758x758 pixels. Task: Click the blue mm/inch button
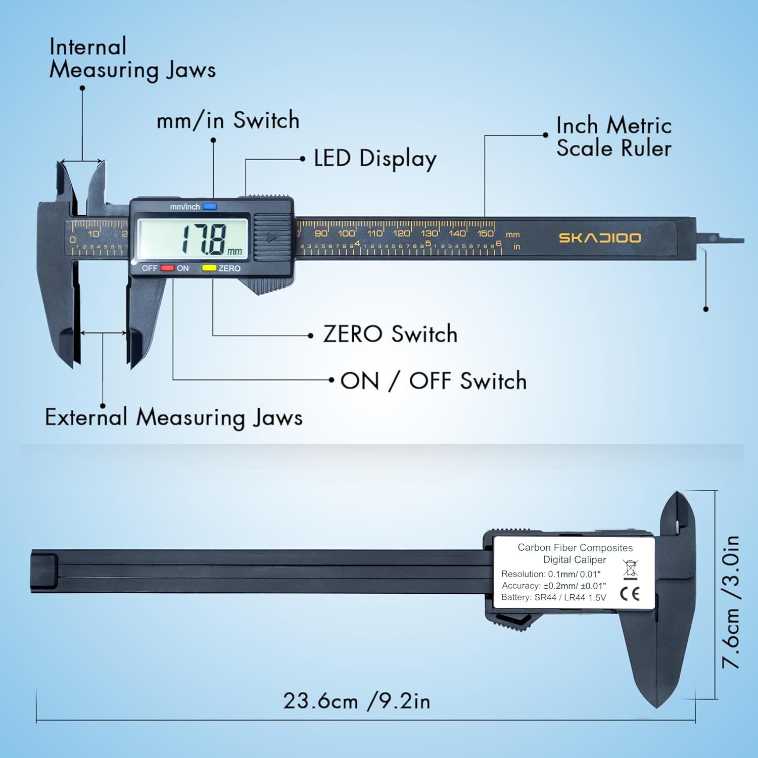point(209,207)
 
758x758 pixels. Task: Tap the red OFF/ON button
point(167,268)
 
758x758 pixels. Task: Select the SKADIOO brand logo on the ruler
point(599,238)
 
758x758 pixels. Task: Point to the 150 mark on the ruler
point(485,233)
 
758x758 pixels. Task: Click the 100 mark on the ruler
point(346,233)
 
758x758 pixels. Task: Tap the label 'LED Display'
point(375,159)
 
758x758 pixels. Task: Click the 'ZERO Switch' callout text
point(390,334)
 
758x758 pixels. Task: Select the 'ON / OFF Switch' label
point(434,381)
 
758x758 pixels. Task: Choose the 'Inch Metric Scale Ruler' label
point(613,137)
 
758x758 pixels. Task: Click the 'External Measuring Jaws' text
point(174,418)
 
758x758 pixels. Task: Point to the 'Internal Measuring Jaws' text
point(132,59)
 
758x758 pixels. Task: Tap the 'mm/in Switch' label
point(228,121)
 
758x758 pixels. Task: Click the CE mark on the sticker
point(630,594)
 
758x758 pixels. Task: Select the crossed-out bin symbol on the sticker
point(630,569)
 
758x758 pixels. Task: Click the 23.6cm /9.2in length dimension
point(356,701)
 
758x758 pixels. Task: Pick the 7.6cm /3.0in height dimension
point(731,601)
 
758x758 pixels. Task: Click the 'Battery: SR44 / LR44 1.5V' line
point(553,597)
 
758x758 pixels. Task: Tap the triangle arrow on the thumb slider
point(272,237)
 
